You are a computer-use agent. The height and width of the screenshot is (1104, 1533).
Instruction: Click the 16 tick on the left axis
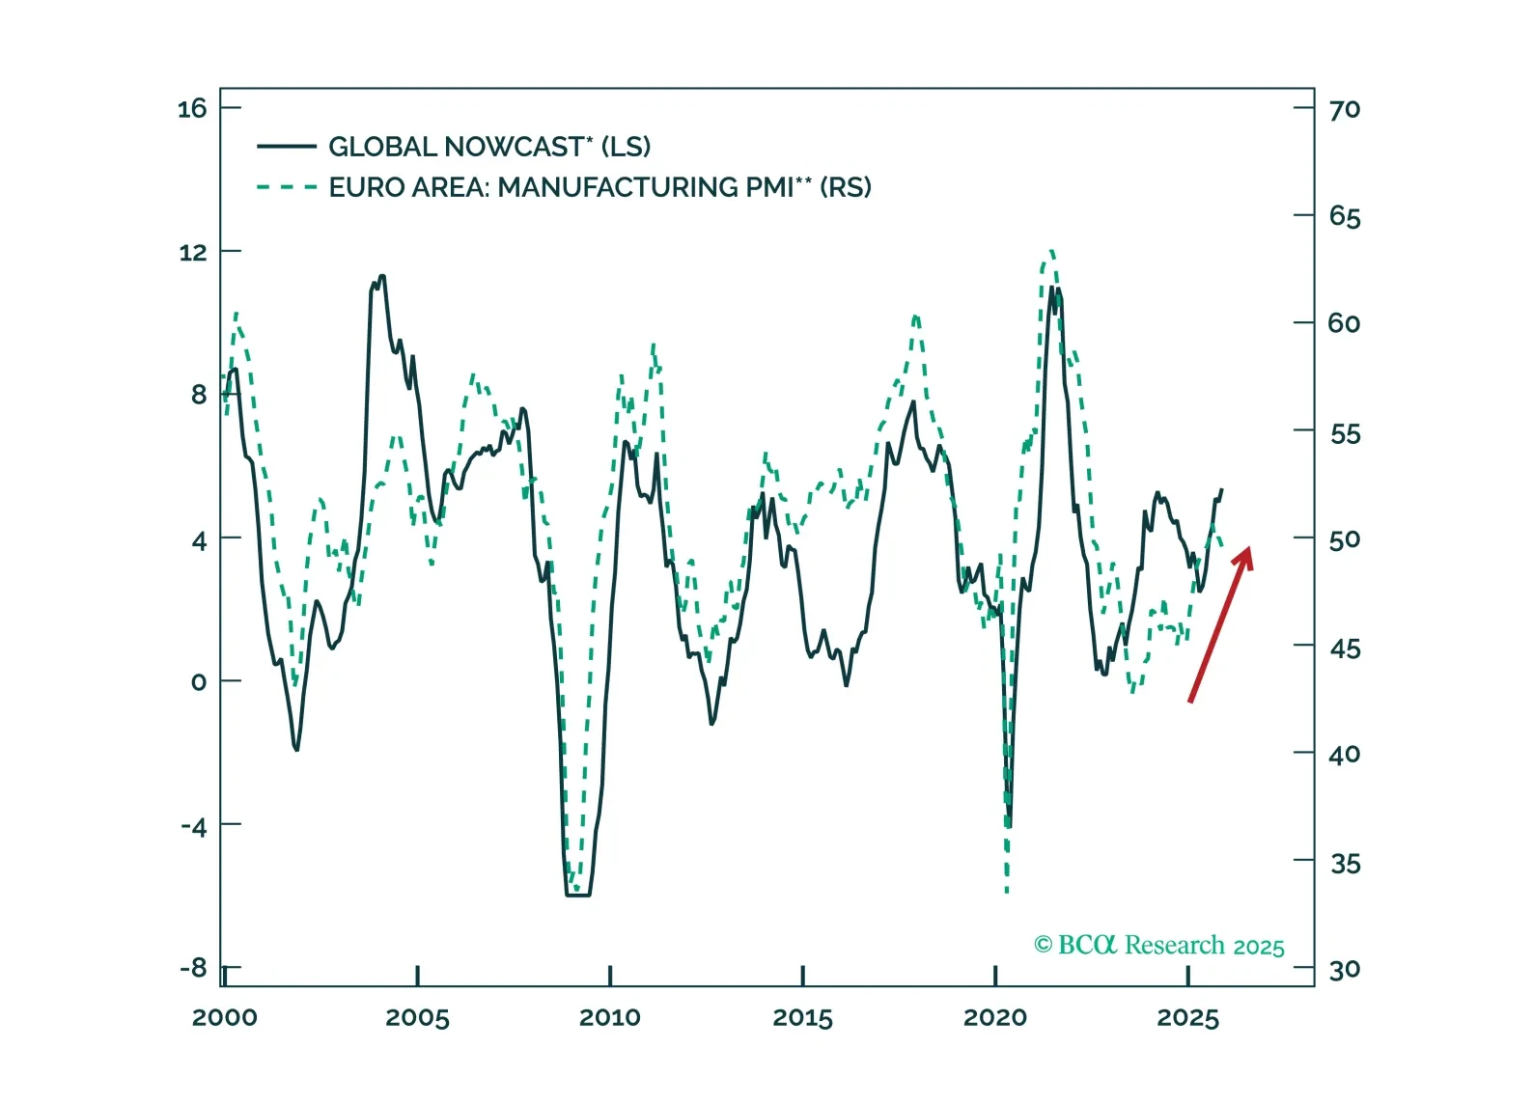[x=192, y=108]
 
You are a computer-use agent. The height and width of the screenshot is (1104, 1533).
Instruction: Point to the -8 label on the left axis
[x=193, y=968]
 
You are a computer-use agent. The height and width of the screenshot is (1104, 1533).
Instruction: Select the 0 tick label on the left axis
[x=198, y=682]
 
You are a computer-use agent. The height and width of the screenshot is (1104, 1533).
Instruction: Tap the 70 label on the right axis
[x=1345, y=109]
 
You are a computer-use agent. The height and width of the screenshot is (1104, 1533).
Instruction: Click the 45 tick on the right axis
[x=1345, y=648]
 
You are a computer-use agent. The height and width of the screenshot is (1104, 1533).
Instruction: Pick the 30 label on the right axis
[x=1345, y=970]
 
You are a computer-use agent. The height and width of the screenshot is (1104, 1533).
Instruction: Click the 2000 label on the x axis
[x=224, y=1017]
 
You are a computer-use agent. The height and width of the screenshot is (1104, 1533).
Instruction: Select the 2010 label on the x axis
[x=609, y=1017]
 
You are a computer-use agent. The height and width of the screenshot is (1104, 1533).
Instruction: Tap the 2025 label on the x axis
[x=1187, y=1017]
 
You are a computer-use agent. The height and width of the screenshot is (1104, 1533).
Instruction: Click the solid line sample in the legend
[x=287, y=147]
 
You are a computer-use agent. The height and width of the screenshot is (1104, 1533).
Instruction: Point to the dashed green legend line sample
[x=287, y=187]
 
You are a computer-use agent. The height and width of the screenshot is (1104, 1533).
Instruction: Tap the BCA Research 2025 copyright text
[x=1158, y=945]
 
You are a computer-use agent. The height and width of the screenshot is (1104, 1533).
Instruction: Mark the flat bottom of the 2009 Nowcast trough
[x=577, y=896]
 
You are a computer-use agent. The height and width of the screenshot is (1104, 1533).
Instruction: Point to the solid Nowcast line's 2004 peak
[x=382, y=277]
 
